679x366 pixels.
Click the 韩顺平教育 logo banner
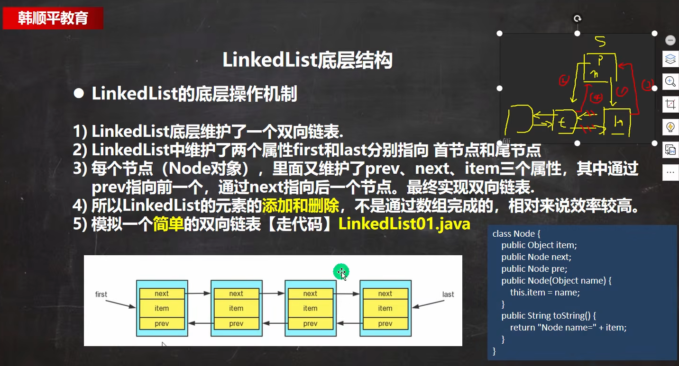coord(53,18)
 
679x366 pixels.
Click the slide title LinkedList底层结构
coord(307,61)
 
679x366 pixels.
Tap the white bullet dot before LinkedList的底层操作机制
coord(79,94)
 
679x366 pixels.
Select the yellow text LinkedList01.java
coord(404,223)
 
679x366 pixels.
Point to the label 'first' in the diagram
coord(101,295)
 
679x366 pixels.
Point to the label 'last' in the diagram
coord(448,295)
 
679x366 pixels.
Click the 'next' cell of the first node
coord(162,294)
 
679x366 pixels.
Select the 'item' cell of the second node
coord(236,308)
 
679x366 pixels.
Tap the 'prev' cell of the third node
coord(310,324)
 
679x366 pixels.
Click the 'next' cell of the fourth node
coord(385,294)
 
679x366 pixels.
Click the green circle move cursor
coord(341,272)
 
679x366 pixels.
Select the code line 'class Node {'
coord(516,234)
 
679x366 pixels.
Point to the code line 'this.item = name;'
coord(545,292)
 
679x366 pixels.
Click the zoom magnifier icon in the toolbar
coord(670,81)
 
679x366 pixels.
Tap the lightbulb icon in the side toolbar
coord(670,127)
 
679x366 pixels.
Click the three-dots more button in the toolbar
coord(670,173)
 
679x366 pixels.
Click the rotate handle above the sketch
coord(577,18)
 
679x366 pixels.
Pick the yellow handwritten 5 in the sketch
coord(600,43)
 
